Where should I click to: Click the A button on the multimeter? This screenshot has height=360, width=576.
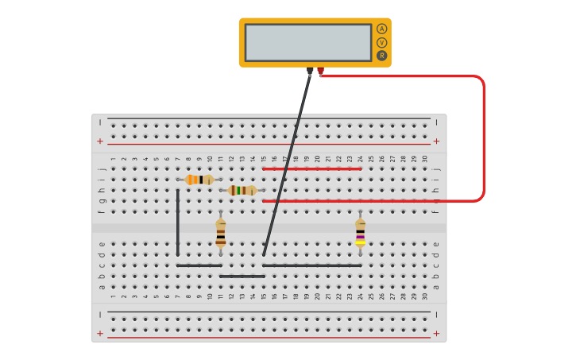(x=381, y=29)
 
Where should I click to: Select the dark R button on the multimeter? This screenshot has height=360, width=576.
(x=381, y=56)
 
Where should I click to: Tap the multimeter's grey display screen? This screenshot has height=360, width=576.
(x=307, y=42)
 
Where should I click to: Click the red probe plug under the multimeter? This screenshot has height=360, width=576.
(x=320, y=72)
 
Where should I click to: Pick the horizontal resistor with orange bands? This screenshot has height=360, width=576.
(x=199, y=180)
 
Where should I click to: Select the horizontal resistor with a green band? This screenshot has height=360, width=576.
(x=242, y=191)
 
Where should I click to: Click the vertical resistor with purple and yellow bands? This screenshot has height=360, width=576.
(x=360, y=234)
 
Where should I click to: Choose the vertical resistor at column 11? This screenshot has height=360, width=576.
(x=221, y=234)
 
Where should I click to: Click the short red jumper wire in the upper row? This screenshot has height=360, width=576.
(x=311, y=168)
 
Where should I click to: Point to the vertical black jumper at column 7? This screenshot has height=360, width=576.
(x=178, y=223)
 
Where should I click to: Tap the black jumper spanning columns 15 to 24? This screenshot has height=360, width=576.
(x=311, y=265)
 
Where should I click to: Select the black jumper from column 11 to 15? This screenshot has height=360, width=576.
(x=242, y=277)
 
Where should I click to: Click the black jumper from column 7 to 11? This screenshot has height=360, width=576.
(x=199, y=265)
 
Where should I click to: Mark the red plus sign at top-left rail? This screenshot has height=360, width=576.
(x=100, y=141)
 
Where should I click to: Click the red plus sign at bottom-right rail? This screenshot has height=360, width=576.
(x=435, y=333)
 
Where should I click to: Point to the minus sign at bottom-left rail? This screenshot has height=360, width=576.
(x=100, y=315)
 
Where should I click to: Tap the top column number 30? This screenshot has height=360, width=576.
(x=424, y=159)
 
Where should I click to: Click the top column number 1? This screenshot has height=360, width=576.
(x=114, y=159)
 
